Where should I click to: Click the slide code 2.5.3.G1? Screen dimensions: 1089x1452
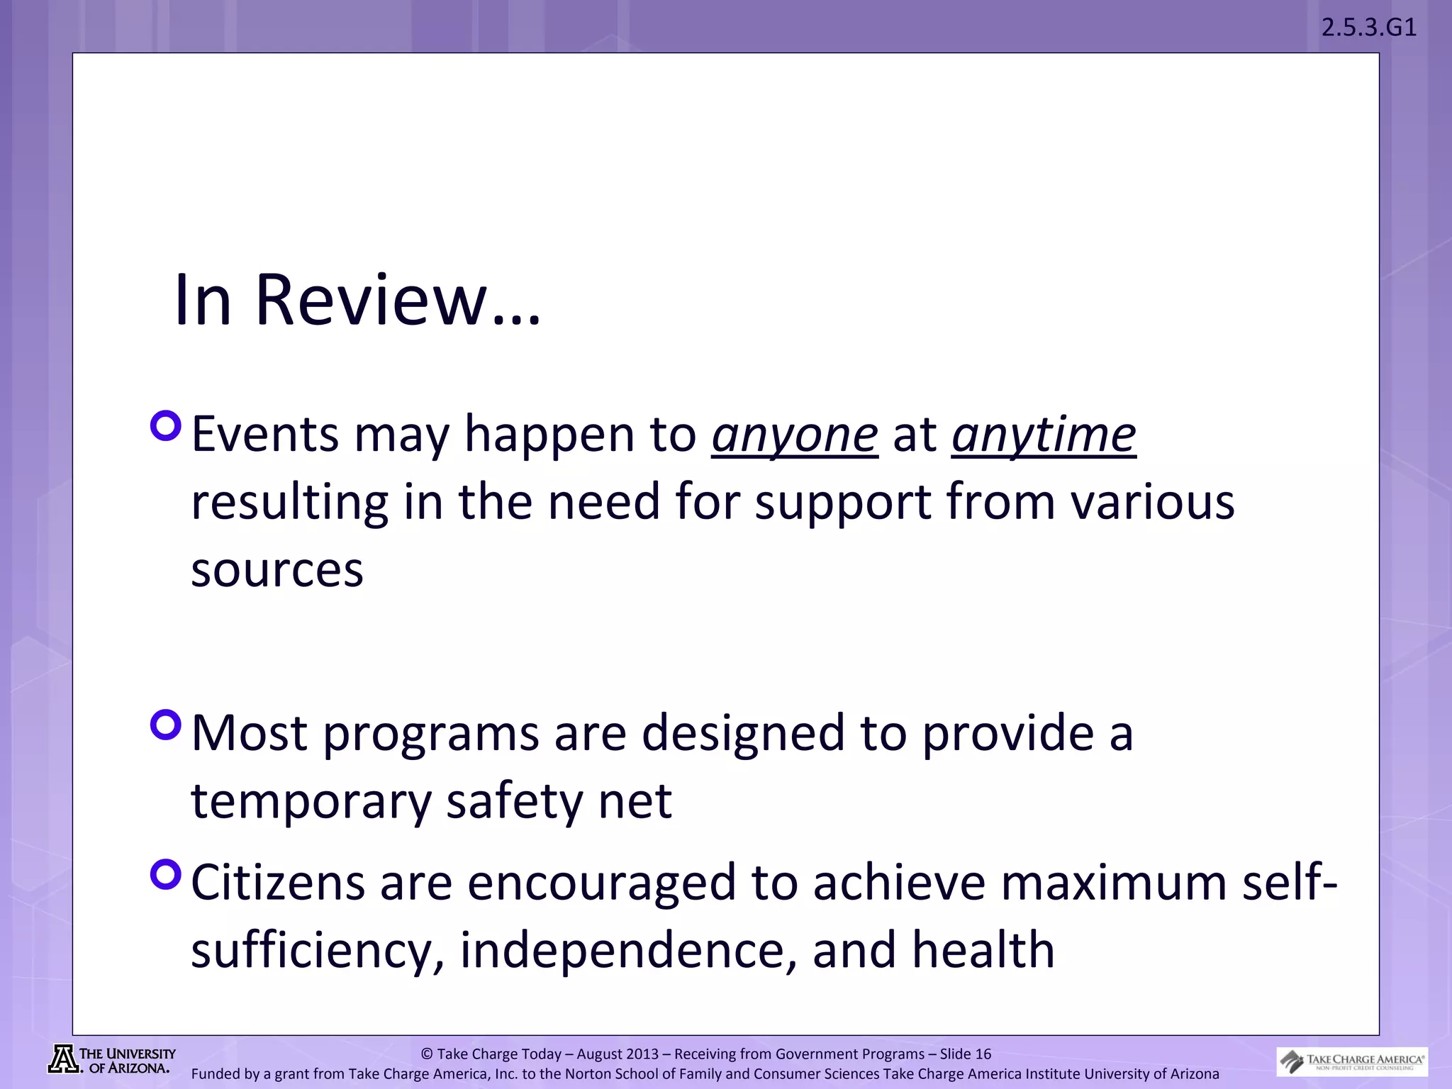click(x=1368, y=28)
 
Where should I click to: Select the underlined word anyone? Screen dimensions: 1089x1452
click(x=794, y=434)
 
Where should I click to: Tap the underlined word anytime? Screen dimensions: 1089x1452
click(x=1044, y=434)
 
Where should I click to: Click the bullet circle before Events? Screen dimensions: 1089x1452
click(x=167, y=426)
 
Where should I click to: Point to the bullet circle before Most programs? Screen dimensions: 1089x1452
click(x=167, y=725)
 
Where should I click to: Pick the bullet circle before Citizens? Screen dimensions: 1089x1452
click(x=167, y=874)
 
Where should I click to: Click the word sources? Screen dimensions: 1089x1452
click(x=277, y=570)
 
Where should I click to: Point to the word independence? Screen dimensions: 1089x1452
click(x=628, y=950)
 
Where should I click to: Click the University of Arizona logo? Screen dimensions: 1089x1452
click(x=112, y=1060)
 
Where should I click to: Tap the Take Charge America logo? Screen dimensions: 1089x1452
click(x=1351, y=1061)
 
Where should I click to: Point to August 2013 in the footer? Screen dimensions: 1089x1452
click(x=617, y=1054)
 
